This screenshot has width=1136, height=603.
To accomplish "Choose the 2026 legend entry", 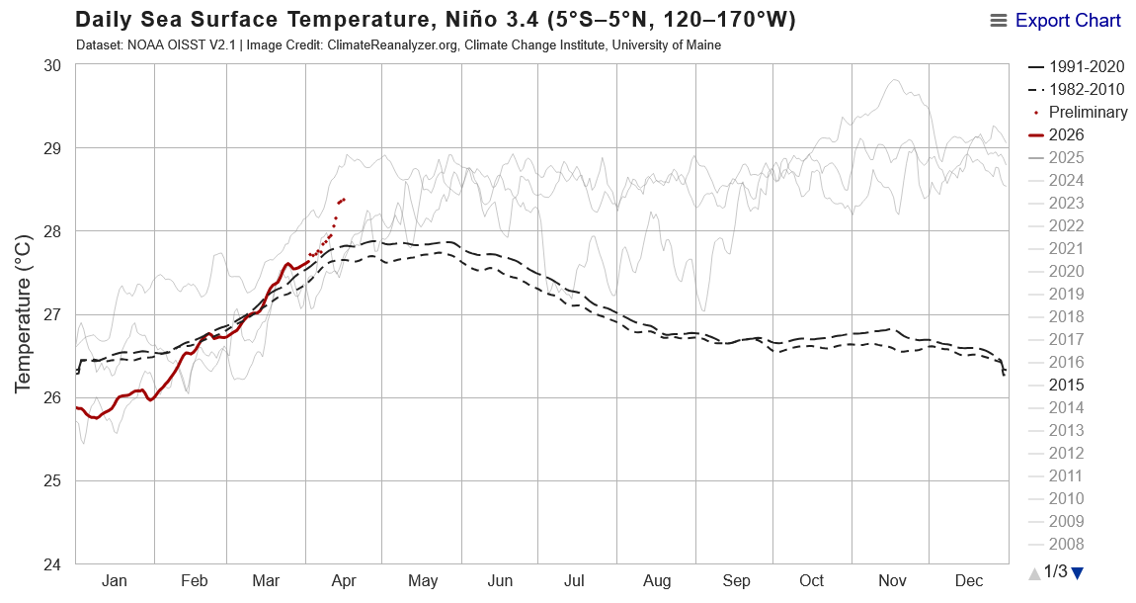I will coord(1066,134).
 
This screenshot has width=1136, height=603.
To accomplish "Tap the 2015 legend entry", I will coord(1066,385).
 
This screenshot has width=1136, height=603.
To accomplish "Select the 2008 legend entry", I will coord(1066,544).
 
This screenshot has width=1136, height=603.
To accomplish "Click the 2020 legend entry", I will coord(1066,271).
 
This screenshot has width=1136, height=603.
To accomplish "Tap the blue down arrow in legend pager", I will coord(1078,572).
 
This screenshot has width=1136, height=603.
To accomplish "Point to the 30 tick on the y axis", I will coord(51,65).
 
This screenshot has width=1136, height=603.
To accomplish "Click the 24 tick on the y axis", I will coord(51,564).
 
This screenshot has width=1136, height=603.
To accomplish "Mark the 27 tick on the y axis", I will coord(51,314).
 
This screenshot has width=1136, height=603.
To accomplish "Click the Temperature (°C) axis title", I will coord(25,314).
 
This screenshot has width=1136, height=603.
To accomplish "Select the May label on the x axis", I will coord(423,581).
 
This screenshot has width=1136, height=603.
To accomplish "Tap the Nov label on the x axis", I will coord(893,581).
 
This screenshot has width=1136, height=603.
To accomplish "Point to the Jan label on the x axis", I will coord(114,581).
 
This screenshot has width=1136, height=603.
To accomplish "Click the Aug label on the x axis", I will coord(657,581).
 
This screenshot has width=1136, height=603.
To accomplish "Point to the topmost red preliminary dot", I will coord(343,199).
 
